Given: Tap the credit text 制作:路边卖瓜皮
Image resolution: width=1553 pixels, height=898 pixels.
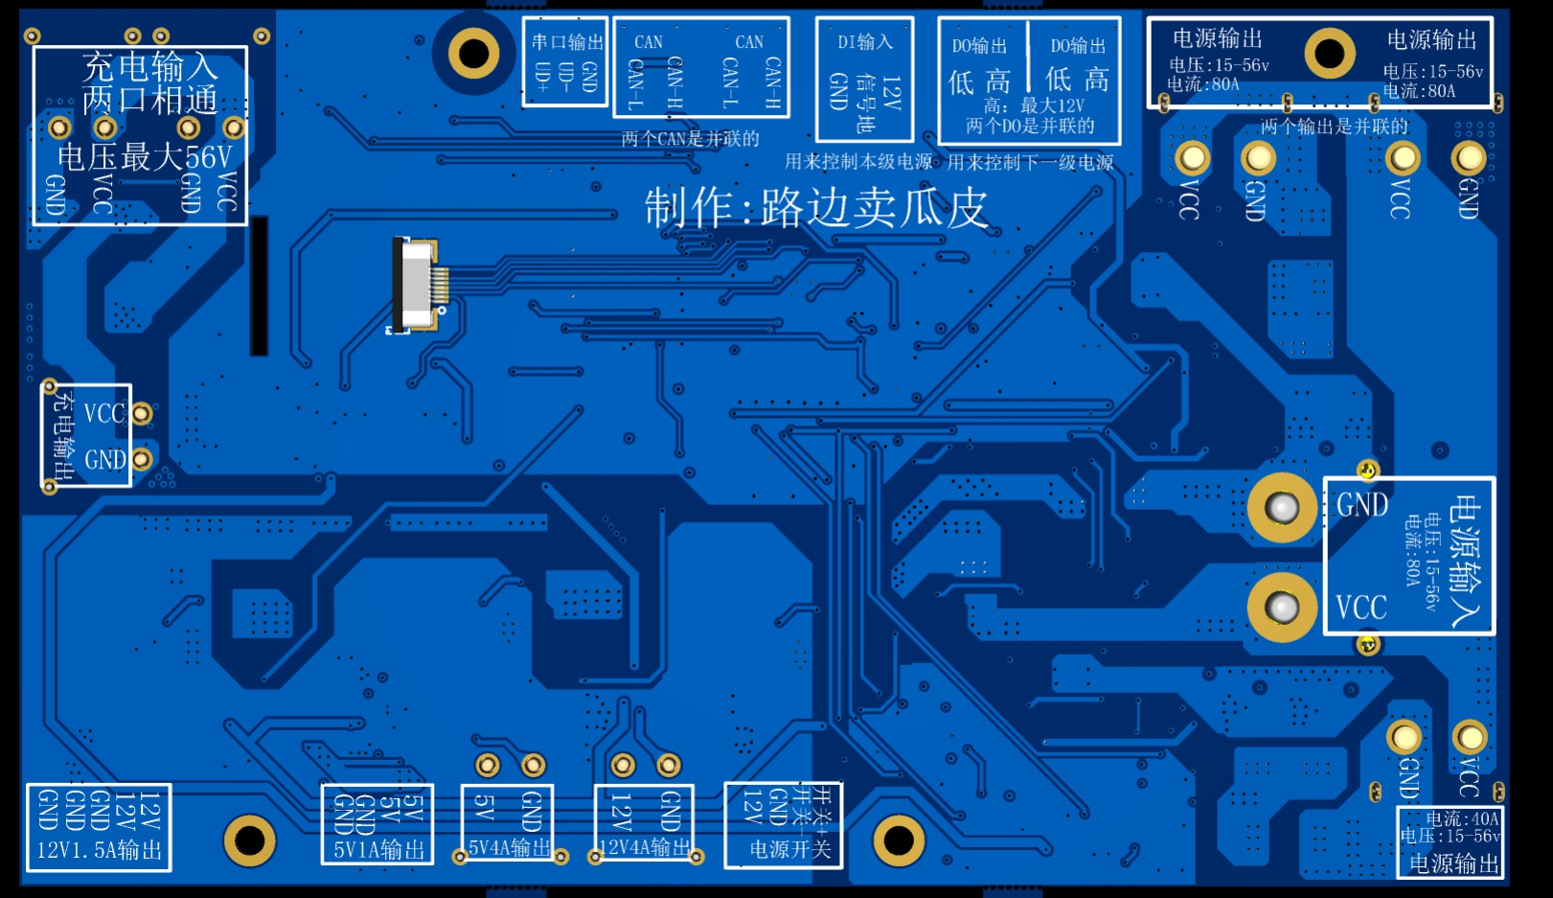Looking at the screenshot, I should [x=815, y=208].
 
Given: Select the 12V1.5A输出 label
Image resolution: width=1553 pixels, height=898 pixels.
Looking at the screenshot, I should [x=100, y=850].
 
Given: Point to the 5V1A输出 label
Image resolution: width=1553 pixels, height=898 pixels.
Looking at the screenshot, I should [x=378, y=850].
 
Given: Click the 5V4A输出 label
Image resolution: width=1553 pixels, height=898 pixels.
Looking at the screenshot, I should [x=509, y=847].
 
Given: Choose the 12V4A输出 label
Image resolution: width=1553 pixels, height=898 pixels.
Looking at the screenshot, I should [x=644, y=847].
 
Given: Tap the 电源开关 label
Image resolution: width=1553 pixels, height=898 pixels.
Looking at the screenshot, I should [x=789, y=849].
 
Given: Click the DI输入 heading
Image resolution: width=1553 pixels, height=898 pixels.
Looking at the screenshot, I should [x=864, y=42].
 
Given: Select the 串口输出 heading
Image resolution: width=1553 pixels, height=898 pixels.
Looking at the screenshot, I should [x=567, y=42].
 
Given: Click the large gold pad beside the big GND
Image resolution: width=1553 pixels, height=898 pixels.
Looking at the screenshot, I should [x=1282, y=507].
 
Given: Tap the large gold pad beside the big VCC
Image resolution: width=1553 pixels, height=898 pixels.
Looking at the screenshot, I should [x=1282, y=607].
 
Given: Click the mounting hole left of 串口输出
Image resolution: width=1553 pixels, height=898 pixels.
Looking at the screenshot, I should [x=473, y=53].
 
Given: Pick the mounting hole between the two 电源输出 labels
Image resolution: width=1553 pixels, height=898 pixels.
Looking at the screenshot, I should [x=1329, y=53].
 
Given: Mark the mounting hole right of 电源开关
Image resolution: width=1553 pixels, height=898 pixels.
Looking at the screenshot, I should [x=899, y=840].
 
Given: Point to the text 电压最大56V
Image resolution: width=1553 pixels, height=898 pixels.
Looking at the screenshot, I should [x=145, y=156].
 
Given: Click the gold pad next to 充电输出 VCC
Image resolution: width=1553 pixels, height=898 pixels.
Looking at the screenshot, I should [x=142, y=413].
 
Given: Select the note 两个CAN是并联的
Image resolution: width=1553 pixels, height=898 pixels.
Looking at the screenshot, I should [x=690, y=139].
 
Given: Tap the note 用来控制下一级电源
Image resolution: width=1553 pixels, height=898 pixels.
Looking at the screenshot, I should [x=1030, y=162].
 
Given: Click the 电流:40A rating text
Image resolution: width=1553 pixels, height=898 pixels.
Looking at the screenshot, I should [x=1462, y=818].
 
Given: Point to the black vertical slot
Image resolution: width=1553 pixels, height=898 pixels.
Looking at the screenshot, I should [x=259, y=286].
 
